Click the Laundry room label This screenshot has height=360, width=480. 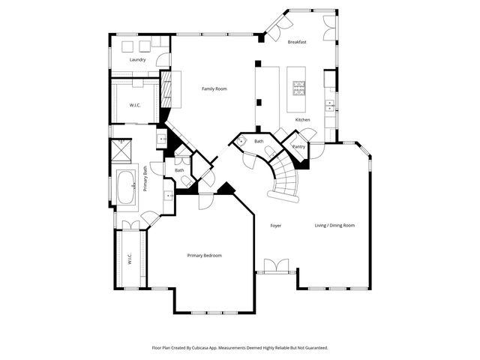point(137,59)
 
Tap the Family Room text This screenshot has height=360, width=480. point(214,88)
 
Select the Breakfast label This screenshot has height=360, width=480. point(298,42)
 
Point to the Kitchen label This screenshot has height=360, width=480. point(302,120)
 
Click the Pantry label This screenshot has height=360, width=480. point(298,147)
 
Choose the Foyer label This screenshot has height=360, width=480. point(276,225)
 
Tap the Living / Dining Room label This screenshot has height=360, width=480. point(334,225)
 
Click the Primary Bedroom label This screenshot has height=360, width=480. point(204,255)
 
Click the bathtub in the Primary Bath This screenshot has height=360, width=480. point(124,187)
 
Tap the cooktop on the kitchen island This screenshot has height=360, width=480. point(299,90)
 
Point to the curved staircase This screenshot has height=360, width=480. point(283,180)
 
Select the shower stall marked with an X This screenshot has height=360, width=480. point(122,151)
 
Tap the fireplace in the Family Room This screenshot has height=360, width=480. point(169,89)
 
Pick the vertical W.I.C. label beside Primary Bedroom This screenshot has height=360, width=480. point(130,259)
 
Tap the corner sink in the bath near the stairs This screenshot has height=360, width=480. point(242,142)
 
